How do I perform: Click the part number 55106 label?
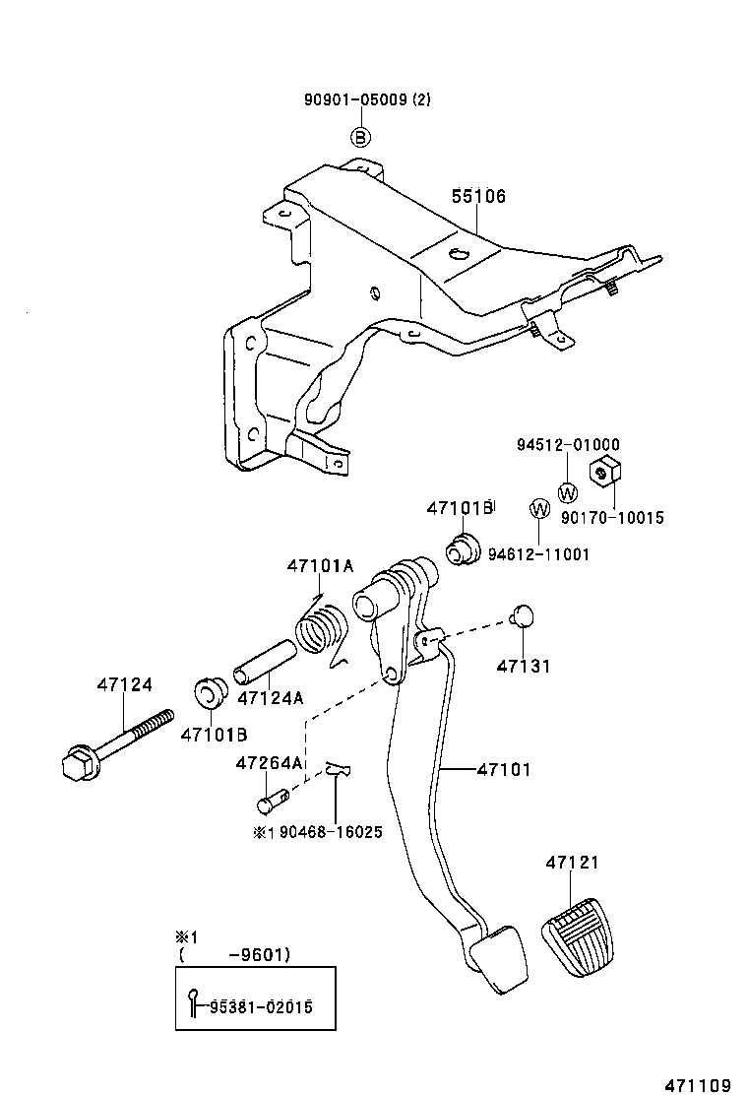tap(478, 197)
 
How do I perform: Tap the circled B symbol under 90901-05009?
tap(361, 137)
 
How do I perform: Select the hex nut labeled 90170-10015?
tap(601, 472)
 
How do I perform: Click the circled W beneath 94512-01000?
tap(568, 492)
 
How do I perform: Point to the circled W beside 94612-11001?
tap(539, 509)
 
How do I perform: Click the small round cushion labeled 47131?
tap(523, 616)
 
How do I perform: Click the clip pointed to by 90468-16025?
tap(338, 770)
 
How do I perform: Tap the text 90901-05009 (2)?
tap(367, 99)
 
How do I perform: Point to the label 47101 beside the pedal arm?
tap(504, 770)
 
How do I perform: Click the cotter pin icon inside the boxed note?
tap(195, 1002)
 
